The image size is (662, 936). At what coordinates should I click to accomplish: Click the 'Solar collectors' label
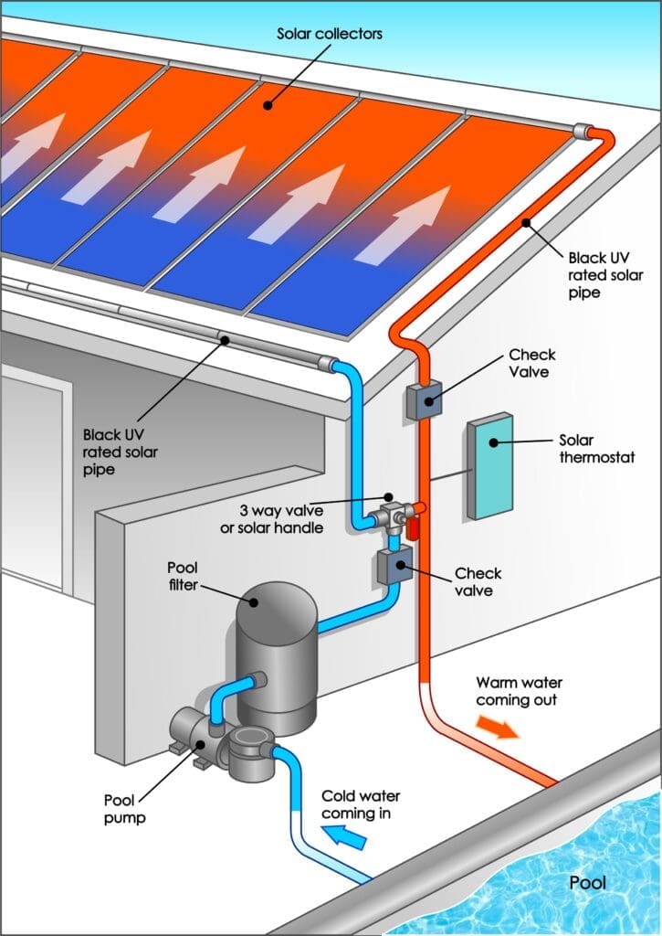(x=330, y=34)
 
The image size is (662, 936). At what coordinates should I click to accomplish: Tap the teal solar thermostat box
(x=491, y=465)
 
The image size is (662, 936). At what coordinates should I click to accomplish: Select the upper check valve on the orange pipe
(x=425, y=400)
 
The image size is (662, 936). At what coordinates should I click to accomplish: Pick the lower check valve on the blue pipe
(x=394, y=566)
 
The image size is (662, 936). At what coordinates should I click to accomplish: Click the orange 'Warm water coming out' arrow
(x=498, y=728)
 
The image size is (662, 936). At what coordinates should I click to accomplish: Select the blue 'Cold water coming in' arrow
(x=344, y=835)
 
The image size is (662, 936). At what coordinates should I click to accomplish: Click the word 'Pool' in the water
(x=587, y=882)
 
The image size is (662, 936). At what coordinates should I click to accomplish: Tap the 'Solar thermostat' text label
(x=596, y=449)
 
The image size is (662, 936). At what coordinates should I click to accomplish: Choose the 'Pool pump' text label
(x=124, y=809)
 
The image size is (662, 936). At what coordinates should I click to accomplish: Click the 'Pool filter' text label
(x=183, y=576)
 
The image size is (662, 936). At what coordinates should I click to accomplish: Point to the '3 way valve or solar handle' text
(x=272, y=519)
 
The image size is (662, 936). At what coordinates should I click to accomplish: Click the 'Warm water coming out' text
(x=519, y=691)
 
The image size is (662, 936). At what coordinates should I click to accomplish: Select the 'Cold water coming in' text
(x=361, y=804)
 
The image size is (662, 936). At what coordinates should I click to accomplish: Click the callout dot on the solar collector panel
(x=268, y=106)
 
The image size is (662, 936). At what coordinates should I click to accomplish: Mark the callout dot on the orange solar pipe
(x=526, y=223)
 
